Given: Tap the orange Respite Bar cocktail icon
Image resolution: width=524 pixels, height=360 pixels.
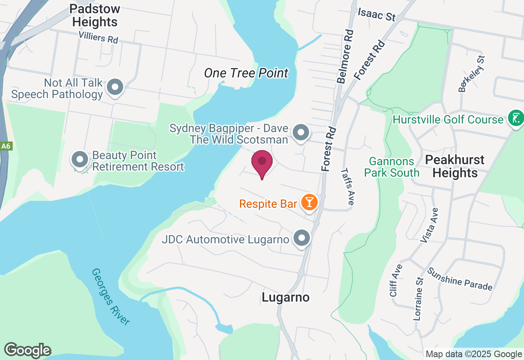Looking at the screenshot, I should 309,202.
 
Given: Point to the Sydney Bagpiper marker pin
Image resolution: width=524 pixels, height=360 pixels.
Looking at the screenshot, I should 301,133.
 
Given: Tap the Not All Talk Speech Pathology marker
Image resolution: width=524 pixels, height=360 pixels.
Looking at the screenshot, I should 115,87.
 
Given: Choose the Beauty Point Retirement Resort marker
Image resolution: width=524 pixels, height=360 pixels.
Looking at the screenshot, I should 80,160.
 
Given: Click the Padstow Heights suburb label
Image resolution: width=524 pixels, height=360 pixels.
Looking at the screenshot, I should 95,15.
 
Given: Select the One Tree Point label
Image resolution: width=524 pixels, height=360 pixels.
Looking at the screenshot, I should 246,73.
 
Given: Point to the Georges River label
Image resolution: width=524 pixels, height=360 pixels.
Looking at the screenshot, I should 111,296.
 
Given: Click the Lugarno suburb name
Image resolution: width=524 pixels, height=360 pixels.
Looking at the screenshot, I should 285,297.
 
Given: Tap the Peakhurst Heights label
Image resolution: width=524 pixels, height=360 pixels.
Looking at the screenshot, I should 455,166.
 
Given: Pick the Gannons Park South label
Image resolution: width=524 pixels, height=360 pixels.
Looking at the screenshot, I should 392,167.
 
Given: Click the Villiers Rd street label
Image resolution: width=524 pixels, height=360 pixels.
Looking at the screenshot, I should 99,38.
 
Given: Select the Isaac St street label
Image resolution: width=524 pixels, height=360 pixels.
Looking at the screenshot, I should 377,15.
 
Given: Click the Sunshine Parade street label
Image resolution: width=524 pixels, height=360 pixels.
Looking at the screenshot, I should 460,279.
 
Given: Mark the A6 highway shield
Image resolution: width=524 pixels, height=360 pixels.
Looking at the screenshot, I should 5,146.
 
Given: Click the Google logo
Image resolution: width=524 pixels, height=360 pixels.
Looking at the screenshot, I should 28,350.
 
